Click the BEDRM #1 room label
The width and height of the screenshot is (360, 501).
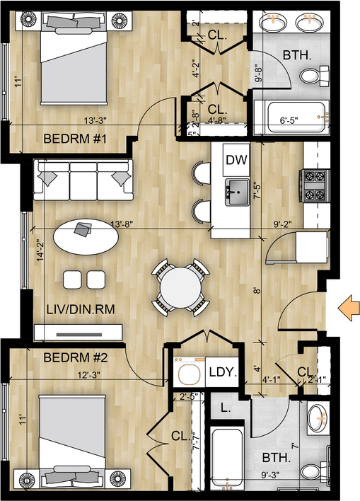click(x=75, y=139)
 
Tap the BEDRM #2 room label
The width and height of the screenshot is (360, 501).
click(x=76, y=357)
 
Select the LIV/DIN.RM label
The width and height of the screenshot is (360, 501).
click(x=81, y=309)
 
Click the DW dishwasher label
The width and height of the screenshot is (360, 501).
click(x=236, y=159)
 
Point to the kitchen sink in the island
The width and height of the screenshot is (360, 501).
click(x=238, y=192)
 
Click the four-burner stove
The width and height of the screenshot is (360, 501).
click(x=315, y=186)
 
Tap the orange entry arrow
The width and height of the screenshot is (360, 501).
click(x=349, y=308)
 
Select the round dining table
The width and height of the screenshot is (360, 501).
click(x=180, y=288)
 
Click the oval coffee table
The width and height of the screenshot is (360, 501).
click(x=86, y=236)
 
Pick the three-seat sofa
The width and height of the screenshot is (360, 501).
click(x=83, y=180)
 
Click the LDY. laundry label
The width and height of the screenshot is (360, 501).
click(x=223, y=372)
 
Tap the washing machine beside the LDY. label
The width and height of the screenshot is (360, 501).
click(x=190, y=372)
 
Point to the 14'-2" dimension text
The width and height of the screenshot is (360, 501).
click(x=40, y=250)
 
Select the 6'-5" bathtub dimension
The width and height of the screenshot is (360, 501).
click(x=289, y=120)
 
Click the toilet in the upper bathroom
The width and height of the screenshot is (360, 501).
click(x=314, y=76)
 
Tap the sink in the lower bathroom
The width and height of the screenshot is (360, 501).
click(x=317, y=417)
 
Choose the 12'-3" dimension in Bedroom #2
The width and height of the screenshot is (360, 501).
click(x=89, y=375)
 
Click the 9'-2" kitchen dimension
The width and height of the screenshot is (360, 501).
click(x=283, y=224)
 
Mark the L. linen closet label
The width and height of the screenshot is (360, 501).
click(x=226, y=408)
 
